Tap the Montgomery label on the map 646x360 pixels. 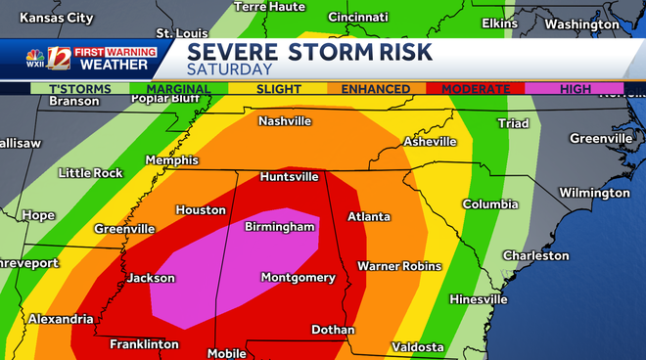[298, 278]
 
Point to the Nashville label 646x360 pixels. [285, 121]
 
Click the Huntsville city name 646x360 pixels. [289, 177]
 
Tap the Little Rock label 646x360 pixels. [91, 173]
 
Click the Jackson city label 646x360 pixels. [151, 278]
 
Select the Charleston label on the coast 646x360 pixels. [535, 255]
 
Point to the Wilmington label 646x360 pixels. [595, 193]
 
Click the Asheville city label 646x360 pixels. [430, 142]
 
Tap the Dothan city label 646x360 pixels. [333, 330]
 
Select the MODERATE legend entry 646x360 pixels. [476, 89]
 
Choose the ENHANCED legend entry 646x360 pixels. [375, 89]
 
